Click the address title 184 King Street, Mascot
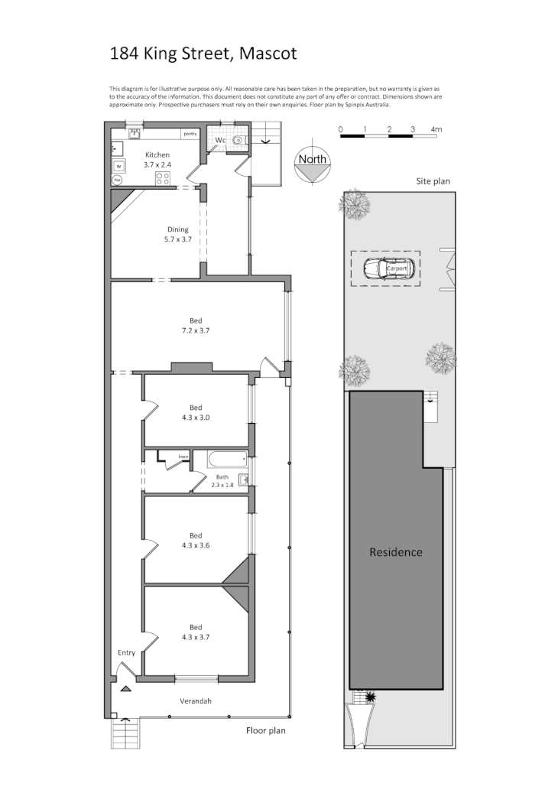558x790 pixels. click(x=203, y=54)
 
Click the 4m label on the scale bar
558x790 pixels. click(x=436, y=129)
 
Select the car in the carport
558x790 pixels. click(x=388, y=268)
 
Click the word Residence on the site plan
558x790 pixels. click(x=395, y=552)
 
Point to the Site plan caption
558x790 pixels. click(x=433, y=182)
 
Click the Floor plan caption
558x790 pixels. click(x=266, y=730)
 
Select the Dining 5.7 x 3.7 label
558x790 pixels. click(x=178, y=234)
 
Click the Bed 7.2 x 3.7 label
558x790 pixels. click(x=195, y=326)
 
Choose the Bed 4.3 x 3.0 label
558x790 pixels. click(x=196, y=412)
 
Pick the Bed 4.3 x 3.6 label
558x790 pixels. click(x=196, y=540)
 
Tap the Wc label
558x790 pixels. click(x=220, y=141)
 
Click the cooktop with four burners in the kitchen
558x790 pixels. click(x=163, y=178)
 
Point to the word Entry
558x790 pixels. click(x=126, y=652)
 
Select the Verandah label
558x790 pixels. click(x=195, y=701)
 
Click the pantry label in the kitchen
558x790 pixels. click(x=190, y=134)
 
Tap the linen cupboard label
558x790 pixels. click(x=183, y=457)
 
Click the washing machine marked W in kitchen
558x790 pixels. click(x=118, y=166)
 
